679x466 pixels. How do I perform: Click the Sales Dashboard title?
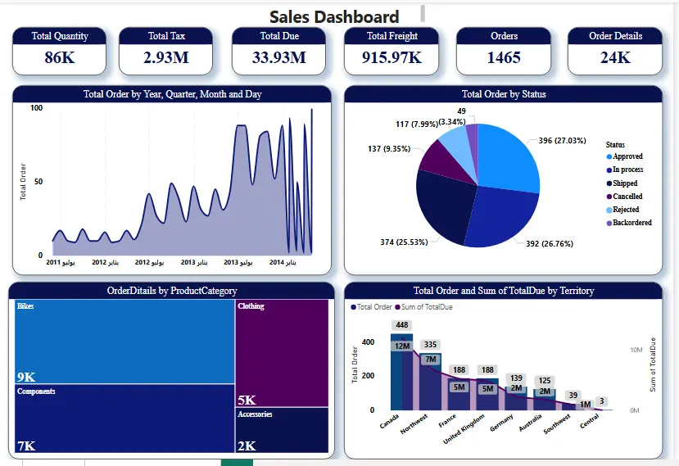(x=334, y=16)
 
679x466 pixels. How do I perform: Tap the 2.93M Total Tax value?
(x=166, y=57)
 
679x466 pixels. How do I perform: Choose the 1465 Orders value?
(x=504, y=57)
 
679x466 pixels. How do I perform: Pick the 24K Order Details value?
(x=615, y=57)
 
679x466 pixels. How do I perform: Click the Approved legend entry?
(x=627, y=156)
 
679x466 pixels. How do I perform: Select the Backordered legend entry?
(x=631, y=223)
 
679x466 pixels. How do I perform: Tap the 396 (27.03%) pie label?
(x=562, y=141)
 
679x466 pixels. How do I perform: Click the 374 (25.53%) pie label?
(x=399, y=242)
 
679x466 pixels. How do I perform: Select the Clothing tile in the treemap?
(x=281, y=352)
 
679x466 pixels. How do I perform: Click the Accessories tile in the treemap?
(x=281, y=430)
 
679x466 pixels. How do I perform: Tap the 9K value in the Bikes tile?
(x=26, y=377)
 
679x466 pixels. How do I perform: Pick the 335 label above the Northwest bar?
(x=430, y=345)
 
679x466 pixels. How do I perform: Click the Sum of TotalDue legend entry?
(x=426, y=307)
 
